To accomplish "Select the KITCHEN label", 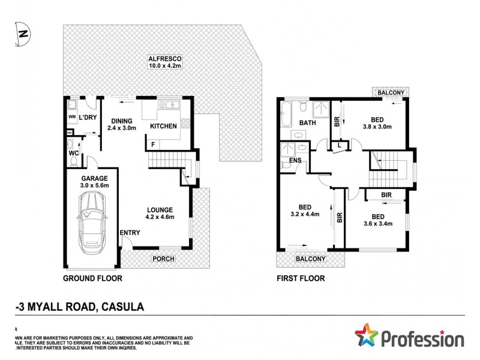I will pyautogui.click(x=163, y=127).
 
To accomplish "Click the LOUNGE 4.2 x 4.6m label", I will pyautogui.click(x=160, y=214).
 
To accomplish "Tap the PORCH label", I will pyautogui.click(x=164, y=259).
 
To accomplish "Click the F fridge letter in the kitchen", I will pyautogui.click(x=153, y=145).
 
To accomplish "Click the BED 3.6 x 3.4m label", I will pyautogui.click(x=377, y=220).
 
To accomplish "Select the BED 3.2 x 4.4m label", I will pyautogui.click(x=304, y=209).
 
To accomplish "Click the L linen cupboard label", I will pyautogui.click(x=340, y=146).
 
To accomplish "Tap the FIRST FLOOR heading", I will pyautogui.click(x=301, y=278).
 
